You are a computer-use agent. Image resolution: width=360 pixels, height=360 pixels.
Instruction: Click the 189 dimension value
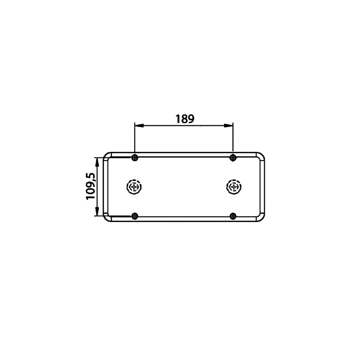pyautogui.click(x=185, y=119)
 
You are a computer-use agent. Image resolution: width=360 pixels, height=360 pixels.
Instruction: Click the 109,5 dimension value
pyautogui.click(x=91, y=186)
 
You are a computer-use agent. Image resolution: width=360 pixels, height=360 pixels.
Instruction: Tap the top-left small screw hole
pyautogui.click(x=135, y=158)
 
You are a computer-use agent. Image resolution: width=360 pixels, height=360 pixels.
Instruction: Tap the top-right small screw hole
pyautogui.click(x=233, y=158)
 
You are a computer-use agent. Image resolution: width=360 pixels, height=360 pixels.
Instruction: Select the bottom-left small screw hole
pyautogui.click(x=135, y=216)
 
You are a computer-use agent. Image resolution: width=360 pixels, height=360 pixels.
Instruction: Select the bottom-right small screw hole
pyautogui.click(x=233, y=216)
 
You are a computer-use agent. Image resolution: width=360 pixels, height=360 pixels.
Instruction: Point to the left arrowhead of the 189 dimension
pyautogui.click(x=139, y=126)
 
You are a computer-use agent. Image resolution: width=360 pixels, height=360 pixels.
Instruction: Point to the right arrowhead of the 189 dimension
pyautogui.click(x=229, y=126)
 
